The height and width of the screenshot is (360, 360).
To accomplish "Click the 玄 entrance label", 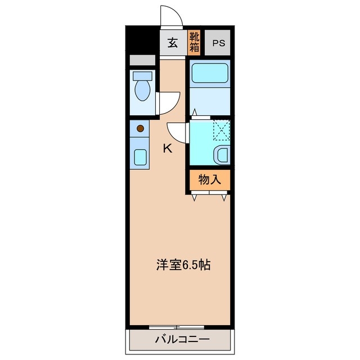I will click(x=172, y=43).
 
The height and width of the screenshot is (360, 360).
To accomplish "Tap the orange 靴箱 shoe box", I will click(x=194, y=43).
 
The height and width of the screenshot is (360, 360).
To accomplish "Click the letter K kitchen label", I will click(x=167, y=148).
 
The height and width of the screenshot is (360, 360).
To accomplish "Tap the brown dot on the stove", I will click(x=141, y=128).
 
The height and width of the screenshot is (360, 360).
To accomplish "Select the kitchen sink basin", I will click(x=140, y=156).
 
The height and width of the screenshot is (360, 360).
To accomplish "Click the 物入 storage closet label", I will click(x=208, y=180).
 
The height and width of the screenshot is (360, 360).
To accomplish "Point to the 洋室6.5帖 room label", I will click(x=183, y=265).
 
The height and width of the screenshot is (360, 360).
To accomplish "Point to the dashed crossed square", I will click(x=222, y=130).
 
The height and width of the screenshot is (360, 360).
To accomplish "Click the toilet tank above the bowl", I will click(x=143, y=75).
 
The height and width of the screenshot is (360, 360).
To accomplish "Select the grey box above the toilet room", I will click(x=142, y=60).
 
